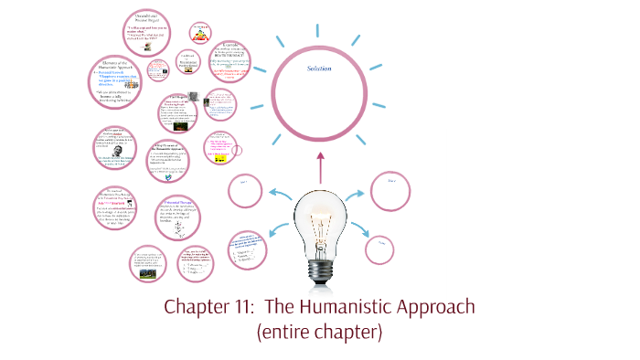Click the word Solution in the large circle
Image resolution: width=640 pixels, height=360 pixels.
(319, 69)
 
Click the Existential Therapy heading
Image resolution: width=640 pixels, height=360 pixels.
(176, 200)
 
